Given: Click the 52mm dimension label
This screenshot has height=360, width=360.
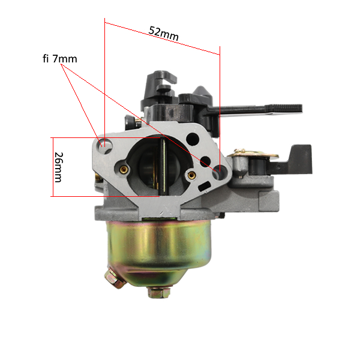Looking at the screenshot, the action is click(163, 34).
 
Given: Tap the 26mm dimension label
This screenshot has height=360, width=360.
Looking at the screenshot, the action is click(58, 167).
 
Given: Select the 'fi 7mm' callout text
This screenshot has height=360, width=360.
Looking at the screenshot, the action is click(60, 59).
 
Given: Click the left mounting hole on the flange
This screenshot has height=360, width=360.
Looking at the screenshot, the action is click(105, 146).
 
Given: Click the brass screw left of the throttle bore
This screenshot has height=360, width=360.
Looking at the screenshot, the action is click(124, 169).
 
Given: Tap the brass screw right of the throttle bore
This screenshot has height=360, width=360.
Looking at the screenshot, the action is click(191, 175).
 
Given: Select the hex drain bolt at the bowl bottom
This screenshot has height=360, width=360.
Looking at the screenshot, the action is click(159, 292).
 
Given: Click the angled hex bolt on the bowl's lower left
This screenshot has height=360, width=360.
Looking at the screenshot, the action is click(115, 278).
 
